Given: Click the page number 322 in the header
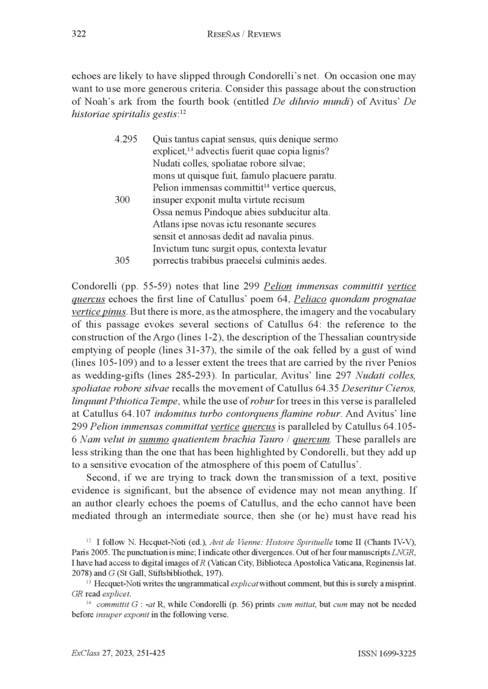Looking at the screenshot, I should (79, 35).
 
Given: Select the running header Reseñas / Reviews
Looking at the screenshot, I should (244, 35).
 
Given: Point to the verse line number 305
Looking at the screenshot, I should (123, 260).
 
